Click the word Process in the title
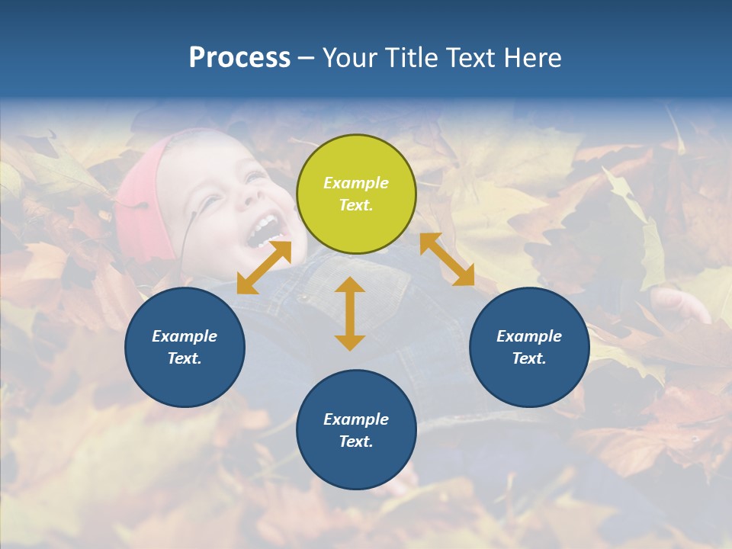(x=239, y=58)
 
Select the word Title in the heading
(x=413, y=58)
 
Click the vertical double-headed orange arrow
(x=350, y=313)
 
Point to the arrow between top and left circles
(x=264, y=267)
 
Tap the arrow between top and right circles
(x=447, y=259)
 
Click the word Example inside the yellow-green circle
(x=356, y=183)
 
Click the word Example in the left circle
(x=185, y=336)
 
